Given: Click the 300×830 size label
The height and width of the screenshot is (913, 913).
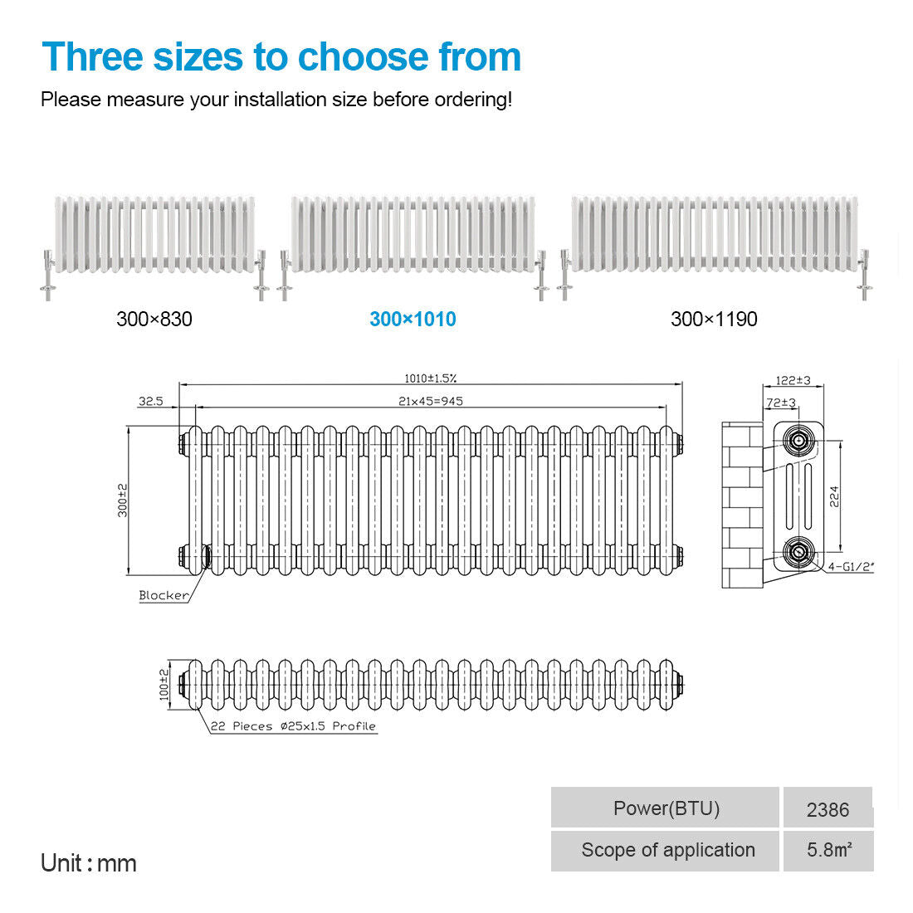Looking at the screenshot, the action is pos(154,319).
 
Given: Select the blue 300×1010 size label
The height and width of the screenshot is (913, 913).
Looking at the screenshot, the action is pos(413,319).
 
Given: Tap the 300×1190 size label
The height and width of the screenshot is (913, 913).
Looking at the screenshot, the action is pos(714,319).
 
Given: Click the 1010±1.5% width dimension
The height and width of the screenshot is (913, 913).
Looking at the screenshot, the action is pos(430,378).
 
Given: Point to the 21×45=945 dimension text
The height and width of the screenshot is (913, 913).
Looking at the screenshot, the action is pos(430,401).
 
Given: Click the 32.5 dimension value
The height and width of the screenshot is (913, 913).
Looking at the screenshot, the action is pos(151,401).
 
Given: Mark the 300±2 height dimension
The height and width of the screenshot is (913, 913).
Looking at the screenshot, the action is pos(122,500).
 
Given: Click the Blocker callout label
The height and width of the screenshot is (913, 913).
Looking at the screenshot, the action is pos(164,595).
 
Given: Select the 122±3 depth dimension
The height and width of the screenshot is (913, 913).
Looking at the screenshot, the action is pos(793,380).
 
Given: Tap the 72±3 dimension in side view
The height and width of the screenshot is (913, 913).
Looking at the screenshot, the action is pos(781,403).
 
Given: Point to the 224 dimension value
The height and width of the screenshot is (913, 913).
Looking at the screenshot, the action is pos(834,496).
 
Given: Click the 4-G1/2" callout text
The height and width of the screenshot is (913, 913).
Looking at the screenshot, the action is pos(851,566).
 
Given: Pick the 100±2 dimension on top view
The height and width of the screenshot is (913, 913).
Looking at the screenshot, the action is pos(164,685).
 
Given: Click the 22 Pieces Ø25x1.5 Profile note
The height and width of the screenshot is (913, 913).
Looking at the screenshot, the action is pos(293,726).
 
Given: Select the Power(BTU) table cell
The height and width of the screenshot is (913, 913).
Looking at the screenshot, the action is pos(665,808).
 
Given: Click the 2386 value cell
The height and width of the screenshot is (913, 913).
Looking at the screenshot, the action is pos(828,808).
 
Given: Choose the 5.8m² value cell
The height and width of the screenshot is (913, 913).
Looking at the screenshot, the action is pos(828,851).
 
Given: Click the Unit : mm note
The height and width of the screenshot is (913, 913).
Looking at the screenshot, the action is pos(89,863).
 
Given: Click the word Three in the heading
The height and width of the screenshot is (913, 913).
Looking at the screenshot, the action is pos(93,57).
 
